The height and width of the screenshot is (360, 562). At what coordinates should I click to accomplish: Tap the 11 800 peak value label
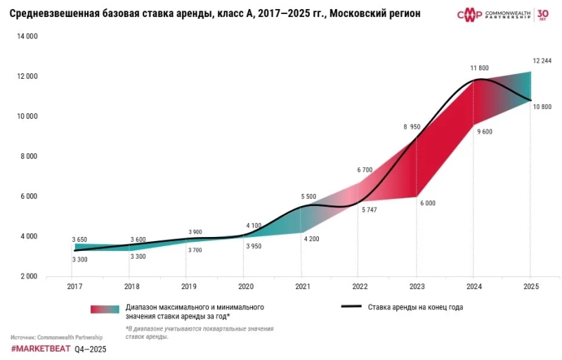point(479,68)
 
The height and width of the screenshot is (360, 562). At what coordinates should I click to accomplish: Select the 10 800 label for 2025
point(541,107)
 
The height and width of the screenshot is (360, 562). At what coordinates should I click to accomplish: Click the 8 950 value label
point(411,127)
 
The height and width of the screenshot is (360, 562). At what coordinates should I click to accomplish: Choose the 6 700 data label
point(365,170)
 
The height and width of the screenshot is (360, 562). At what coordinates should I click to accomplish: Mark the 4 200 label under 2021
point(311,240)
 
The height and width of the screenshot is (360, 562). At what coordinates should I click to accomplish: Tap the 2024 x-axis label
point(473,287)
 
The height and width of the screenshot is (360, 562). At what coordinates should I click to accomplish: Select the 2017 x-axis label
point(74,287)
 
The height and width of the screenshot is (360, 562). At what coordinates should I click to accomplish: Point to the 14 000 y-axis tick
point(27,36)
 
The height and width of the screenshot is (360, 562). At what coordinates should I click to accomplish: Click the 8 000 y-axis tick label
point(29,156)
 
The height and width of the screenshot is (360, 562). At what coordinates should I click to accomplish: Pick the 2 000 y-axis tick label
point(29,276)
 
